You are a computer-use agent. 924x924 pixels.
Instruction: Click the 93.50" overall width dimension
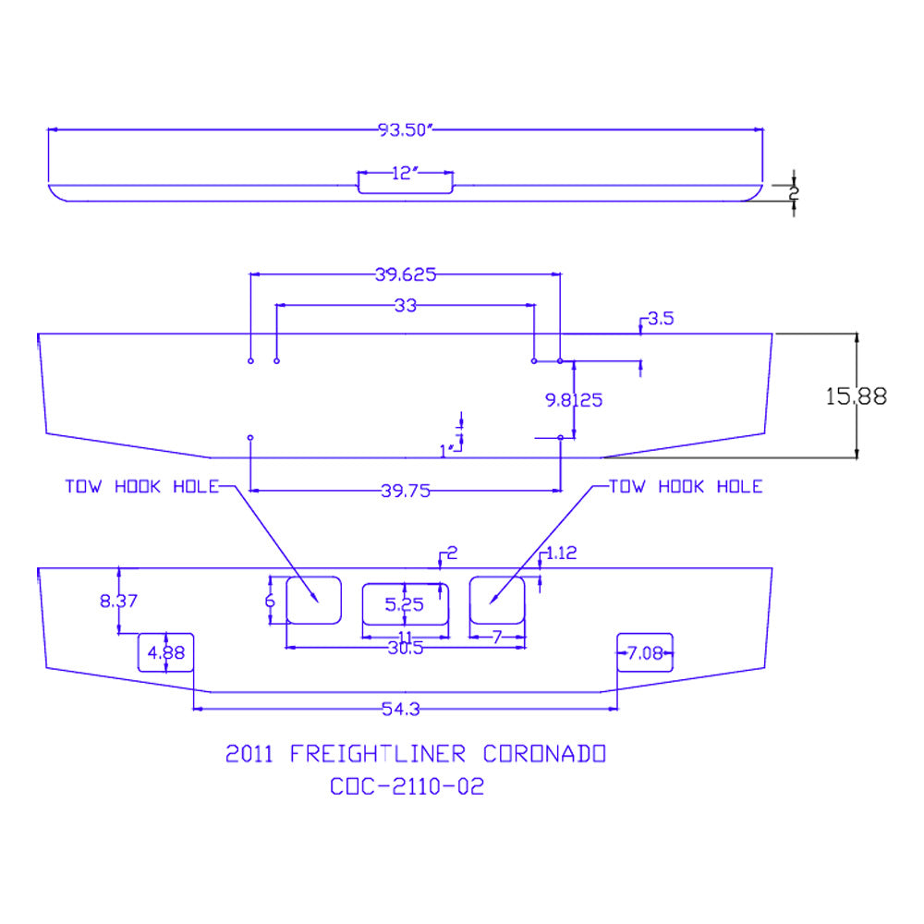tap(406, 129)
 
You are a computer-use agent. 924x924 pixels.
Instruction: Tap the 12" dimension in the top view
tap(405, 174)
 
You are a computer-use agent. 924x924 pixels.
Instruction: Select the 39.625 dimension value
tap(406, 274)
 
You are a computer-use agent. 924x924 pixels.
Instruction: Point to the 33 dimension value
tap(406, 305)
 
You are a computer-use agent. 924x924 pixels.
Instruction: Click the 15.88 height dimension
tap(857, 396)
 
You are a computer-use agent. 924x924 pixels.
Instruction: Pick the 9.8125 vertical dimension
tap(574, 400)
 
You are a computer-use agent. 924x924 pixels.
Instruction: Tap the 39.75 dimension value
tap(406, 491)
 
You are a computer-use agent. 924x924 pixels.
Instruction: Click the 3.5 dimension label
tap(661, 319)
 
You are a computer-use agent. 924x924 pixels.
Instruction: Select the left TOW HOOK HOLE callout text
tap(141, 487)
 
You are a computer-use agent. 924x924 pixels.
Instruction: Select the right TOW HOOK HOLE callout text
tap(686, 487)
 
